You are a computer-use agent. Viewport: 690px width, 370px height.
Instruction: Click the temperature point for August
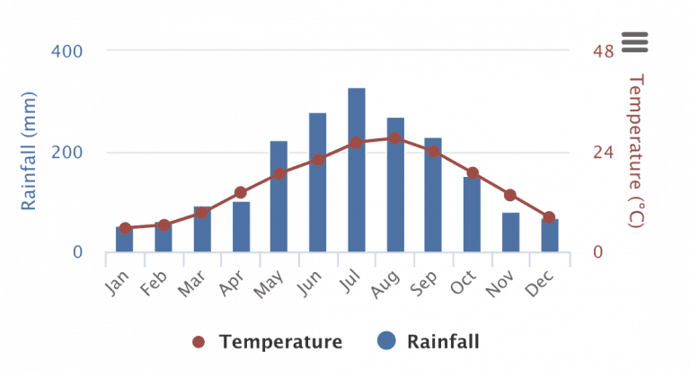pyautogui.click(x=395, y=138)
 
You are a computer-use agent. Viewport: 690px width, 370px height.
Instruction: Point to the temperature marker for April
pyautogui.click(x=241, y=192)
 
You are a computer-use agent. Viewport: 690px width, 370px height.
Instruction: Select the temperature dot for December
pyautogui.click(x=549, y=217)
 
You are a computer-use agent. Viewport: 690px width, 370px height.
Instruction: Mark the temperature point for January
pyautogui.click(x=125, y=229)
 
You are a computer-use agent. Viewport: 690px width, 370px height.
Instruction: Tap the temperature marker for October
pyautogui.click(x=473, y=173)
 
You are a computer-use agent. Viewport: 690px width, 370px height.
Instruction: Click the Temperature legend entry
pyautogui.click(x=269, y=341)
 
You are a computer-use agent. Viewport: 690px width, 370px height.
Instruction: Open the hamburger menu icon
pyautogui.click(x=633, y=40)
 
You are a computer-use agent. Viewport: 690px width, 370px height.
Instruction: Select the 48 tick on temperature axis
pyautogui.click(x=603, y=51)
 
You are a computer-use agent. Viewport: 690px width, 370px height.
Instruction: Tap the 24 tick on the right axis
pyautogui.click(x=603, y=152)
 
